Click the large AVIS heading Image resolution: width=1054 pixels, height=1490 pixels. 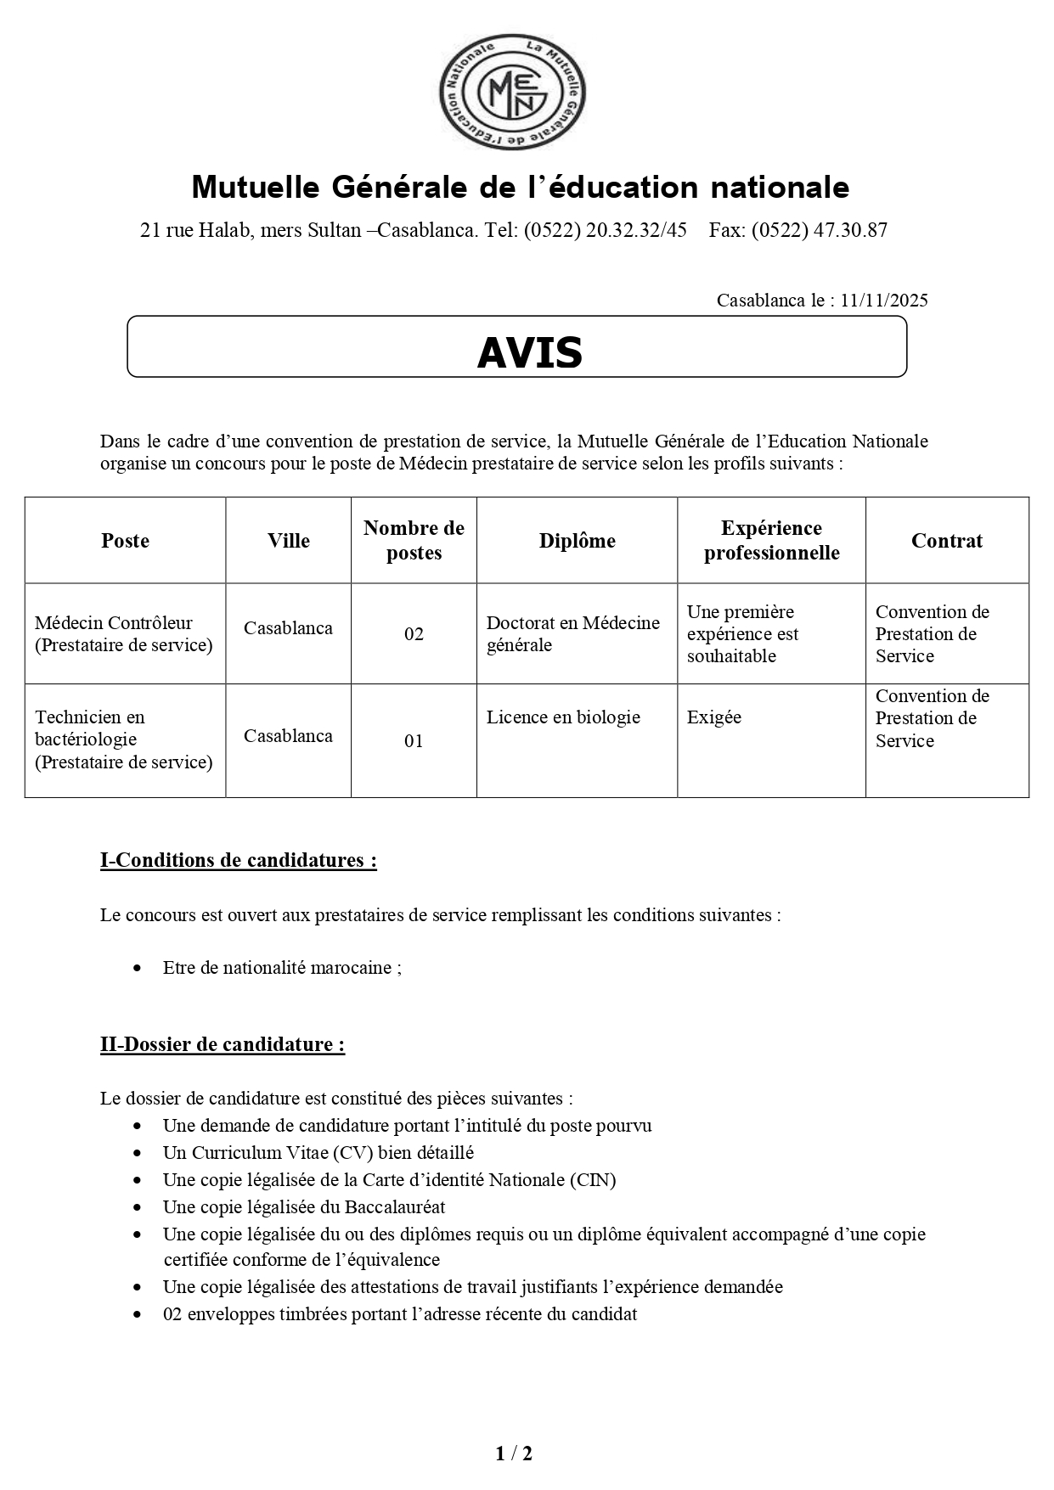pyautogui.click(x=529, y=352)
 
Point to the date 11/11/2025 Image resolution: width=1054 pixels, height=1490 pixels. pyautogui.click(x=884, y=300)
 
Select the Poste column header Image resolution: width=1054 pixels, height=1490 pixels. pyautogui.click(x=125, y=541)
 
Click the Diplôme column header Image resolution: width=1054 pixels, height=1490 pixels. pyautogui.click(x=577, y=541)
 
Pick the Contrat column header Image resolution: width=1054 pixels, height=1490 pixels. pyautogui.click(x=947, y=541)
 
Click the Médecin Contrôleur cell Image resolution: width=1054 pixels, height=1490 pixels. pyautogui.click(x=124, y=633)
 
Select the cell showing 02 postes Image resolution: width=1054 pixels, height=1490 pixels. pyautogui.click(x=414, y=634)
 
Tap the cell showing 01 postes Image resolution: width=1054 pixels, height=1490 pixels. pyautogui.click(x=414, y=741)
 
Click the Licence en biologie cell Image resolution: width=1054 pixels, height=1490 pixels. pyautogui.click(x=563, y=717)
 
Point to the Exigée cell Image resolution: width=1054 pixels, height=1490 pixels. pyautogui.click(x=714, y=717)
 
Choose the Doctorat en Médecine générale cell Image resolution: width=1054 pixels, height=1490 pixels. pyautogui.click(x=572, y=633)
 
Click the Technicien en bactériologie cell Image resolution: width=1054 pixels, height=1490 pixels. pyautogui.click(x=124, y=739)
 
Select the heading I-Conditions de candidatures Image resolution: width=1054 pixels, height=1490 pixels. pyautogui.click(x=239, y=860)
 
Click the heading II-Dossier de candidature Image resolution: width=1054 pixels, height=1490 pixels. pyautogui.click(x=223, y=1044)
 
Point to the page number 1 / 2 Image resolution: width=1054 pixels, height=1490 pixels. pyautogui.click(x=514, y=1453)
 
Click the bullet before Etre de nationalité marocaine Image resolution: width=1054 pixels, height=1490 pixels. pyautogui.click(x=138, y=968)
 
